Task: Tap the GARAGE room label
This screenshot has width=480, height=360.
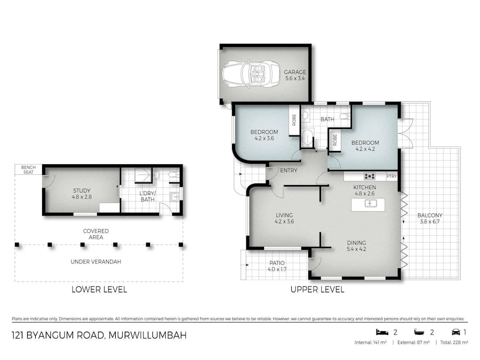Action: coord(294,75)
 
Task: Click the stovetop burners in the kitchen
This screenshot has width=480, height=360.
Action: coord(369,176)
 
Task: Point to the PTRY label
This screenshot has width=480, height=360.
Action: coord(391,176)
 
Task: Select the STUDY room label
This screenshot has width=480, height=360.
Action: coord(82,193)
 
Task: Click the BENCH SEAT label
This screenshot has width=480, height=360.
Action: coord(28,170)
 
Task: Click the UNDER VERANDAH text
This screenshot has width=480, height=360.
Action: coord(96,262)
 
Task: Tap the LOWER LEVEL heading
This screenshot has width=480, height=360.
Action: coord(99,290)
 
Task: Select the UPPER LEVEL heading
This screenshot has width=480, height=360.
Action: coord(317,290)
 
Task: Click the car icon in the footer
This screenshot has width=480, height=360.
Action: coord(457,331)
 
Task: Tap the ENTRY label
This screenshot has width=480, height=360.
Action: coord(289,171)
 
